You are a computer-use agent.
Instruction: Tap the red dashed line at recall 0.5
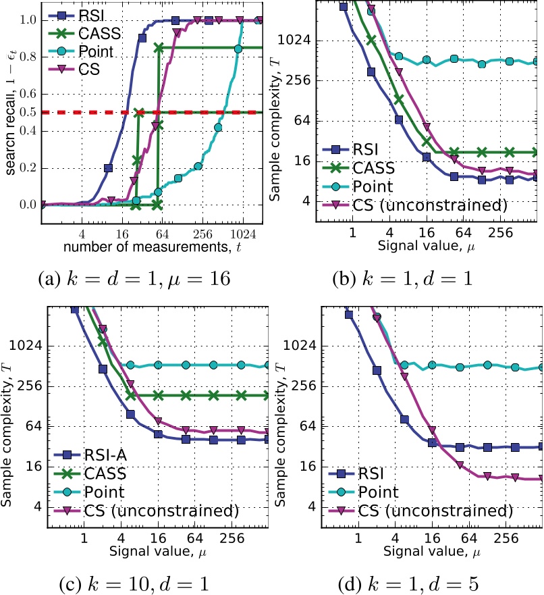click(202, 111)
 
